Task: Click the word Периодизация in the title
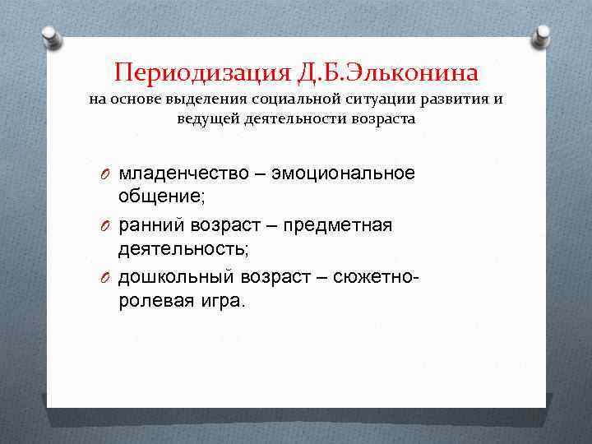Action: pyautogui.click(x=200, y=72)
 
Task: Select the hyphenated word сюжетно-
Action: pyautogui.click(x=377, y=277)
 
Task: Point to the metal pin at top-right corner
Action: pyautogui.click(x=542, y=35)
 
